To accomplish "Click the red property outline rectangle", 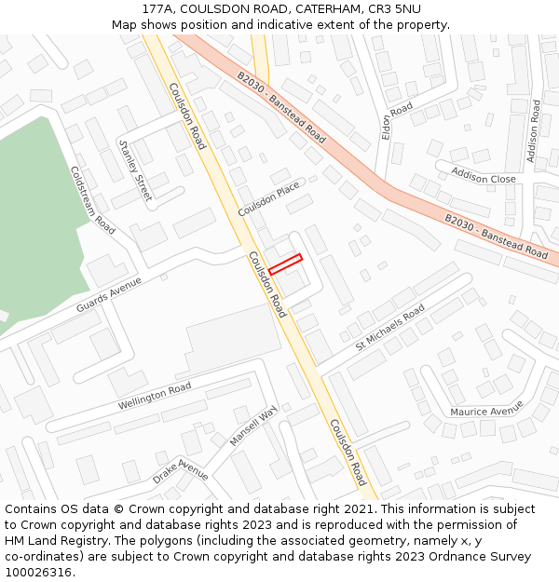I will pyautogui.click(x=285, y=264).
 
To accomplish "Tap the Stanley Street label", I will pyautogui.click(x=135, y=169).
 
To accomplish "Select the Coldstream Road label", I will pyautogui.click(x=92, y=199).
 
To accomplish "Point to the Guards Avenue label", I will pyautogui.click(x=110, y=293).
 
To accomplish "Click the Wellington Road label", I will pyautogui.click(x=154, y=397).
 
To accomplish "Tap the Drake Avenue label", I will pyautogui.click(x=181, y=470).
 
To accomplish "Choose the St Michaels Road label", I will pyautogui.click(x=389, y=327).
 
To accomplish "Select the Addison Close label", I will pyautogui.click(x=484, y=176).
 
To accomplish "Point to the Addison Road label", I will pyautogui.click(x=534, y=131).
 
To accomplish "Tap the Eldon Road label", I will pyautogui.click(x=397, y=122).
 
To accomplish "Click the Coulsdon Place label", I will pyautogui.click(x=268, y=199).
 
